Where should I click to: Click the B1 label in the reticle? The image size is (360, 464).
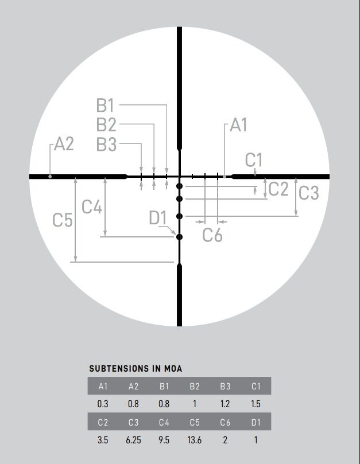click(x=106, y=106)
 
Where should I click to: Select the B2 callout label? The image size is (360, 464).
click(x=106, y=124)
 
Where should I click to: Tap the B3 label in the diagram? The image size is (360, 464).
click(x=106, y=145)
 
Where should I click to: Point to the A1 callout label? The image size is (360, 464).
click(x=238, y=125)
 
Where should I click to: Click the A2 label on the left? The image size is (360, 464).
click(x=64, y=144)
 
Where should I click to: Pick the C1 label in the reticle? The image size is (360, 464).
click(x=253, y=160)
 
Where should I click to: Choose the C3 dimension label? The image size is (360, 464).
click(x=308, y=193)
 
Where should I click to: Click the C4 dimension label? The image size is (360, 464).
click(x=92, y=206)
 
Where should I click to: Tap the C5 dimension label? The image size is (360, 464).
click(x=63, y=220)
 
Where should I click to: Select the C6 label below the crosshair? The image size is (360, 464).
click(x=212, y=235)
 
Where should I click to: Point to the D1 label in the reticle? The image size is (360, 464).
click(x=158, y=218)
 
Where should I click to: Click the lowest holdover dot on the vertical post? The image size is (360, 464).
click(x=180, y=237)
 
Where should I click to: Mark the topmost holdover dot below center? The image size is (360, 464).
click(x=180, y=186)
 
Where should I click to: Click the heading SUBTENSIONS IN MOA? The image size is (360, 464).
click(x=136, y=369)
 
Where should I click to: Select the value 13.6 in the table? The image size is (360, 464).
click(x=195, y=440)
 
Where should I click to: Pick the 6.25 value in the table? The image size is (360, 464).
click(x=133, y=440)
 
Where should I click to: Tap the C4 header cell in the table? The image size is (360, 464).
click(x=164, y=423)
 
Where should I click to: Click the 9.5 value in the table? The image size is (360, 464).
click(x=164, y=440)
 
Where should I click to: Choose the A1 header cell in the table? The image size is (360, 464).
click(x=103, y=386)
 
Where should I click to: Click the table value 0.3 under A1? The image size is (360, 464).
click(x=103, y=404)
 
